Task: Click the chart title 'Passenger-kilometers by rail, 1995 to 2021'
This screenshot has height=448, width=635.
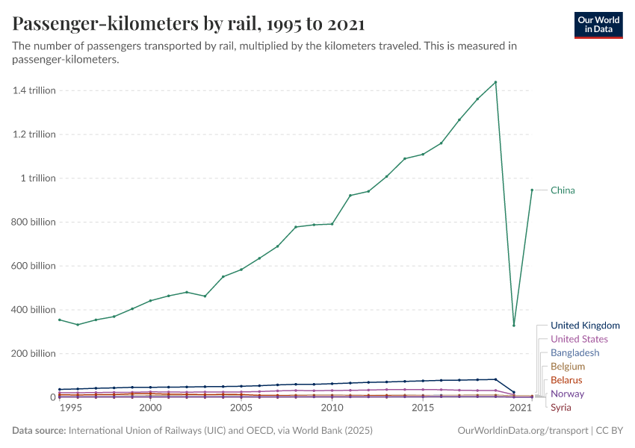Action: click(x=189, y=24)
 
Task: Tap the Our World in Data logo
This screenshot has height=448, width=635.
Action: click(x=598, y=25)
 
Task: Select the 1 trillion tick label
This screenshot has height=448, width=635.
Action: click(x=37, y=178)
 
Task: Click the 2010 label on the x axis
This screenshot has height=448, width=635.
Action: click(x=332, y=408)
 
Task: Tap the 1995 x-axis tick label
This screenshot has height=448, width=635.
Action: click(x=70, y=408)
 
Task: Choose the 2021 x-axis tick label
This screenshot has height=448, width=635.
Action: click(x=521, y=408)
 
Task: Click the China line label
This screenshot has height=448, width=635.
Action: click(x=563, y=190)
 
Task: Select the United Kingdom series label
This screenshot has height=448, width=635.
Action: click(x=585, y=326)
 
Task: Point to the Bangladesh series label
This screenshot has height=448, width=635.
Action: click(x=574, y=352)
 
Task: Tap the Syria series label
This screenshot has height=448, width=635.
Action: click(x=560, y=407)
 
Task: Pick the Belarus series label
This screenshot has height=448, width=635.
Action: click(x=566, y=380)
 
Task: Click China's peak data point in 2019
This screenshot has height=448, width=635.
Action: click(x=495, y=82)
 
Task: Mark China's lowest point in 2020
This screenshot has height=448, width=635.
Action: click(x=514, y=325)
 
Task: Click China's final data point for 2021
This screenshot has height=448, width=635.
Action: click(x=532, y=190)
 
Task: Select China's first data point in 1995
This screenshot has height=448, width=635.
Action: click(x=60, y=320)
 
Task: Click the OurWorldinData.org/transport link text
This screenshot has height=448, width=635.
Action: click(x=521, y=431)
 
